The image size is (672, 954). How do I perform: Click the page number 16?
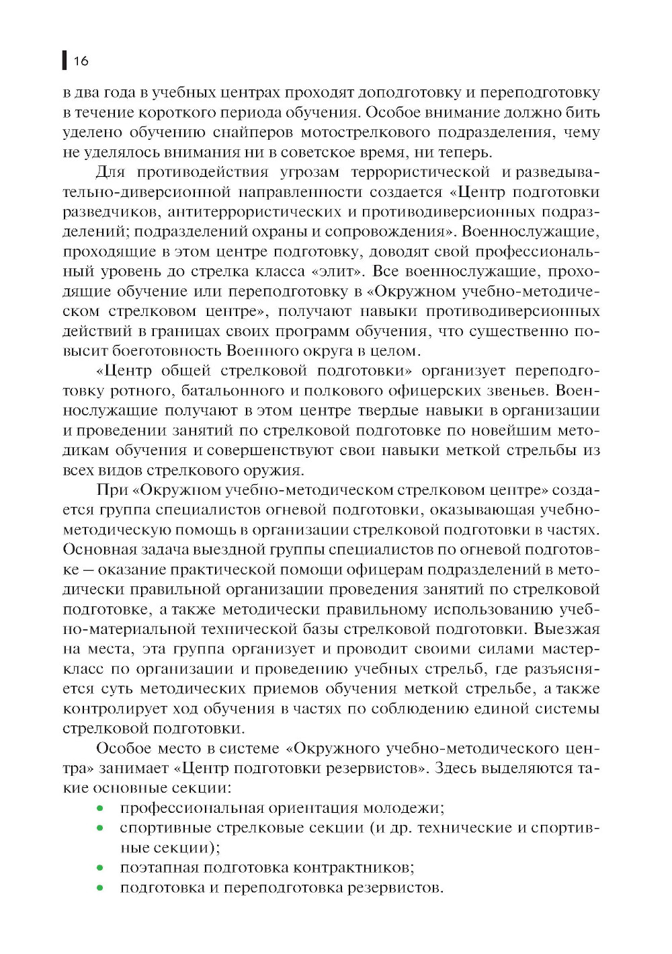coord(81,61)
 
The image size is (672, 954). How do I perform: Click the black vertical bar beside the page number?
coord(64,61)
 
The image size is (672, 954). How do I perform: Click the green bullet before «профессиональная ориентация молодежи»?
coord(100,808)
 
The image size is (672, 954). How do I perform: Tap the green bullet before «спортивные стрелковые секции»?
coord(100,828)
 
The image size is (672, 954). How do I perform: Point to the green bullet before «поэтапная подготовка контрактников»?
coord(100,868)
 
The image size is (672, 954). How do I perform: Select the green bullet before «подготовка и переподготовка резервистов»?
coord(100,888)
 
